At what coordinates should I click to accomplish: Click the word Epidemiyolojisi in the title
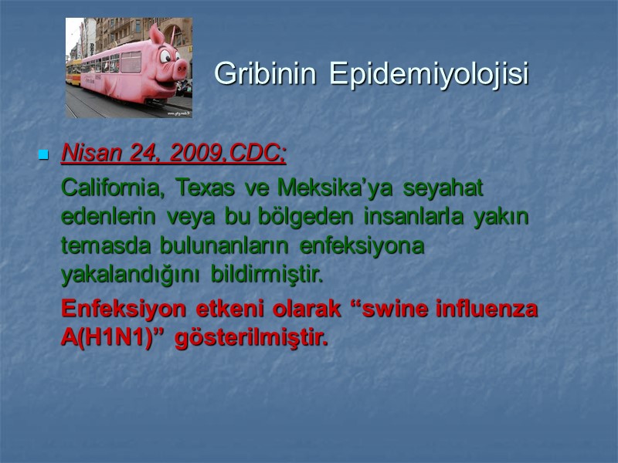coord(429,74)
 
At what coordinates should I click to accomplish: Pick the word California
coord(114,188)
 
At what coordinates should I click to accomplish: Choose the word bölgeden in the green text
coord(297,217)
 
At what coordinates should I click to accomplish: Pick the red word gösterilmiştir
coord(250,338)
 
